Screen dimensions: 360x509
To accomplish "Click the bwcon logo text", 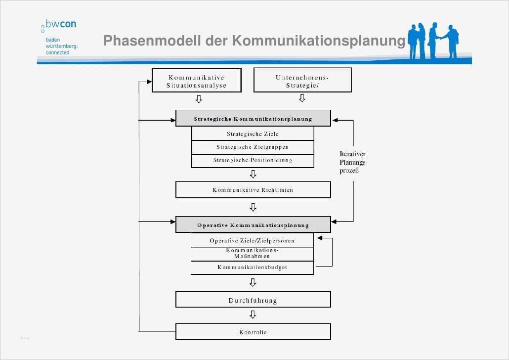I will [61, 24].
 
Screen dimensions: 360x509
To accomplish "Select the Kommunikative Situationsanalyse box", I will [197, 81].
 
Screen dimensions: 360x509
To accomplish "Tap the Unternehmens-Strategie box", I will [302, 81].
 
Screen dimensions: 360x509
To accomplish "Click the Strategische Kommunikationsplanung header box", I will [253, 119].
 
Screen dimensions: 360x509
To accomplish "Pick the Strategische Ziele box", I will [252, 134].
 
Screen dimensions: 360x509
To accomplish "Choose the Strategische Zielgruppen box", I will [252, 147].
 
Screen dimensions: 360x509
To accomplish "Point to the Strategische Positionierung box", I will [252, 161].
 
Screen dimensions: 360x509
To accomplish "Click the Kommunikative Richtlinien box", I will [253, 190].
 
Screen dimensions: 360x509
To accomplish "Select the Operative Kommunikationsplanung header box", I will [253, 225].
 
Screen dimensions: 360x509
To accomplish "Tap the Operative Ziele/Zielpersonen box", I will [252, 241].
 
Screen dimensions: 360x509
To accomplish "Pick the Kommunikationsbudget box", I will [252, 268].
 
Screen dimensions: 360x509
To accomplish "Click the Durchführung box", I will [253, 300].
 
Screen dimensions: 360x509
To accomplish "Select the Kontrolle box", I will [253, 332].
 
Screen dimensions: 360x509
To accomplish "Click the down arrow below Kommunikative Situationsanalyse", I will [199, 99].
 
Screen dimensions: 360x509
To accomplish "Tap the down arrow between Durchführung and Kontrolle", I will [253, 315].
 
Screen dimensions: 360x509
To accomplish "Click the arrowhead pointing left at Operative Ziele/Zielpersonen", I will [320, 238].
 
